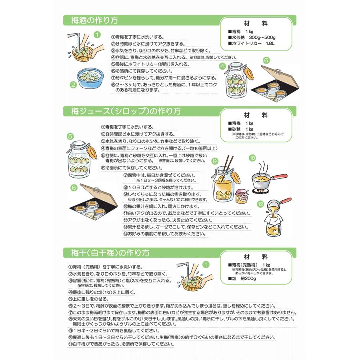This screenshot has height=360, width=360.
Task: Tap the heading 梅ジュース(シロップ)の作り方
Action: click(126, 112)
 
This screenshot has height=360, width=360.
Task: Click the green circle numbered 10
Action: click(252, 158)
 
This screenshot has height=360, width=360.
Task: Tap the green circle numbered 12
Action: click(260, 204)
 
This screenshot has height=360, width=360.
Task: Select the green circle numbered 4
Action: click(222, 66)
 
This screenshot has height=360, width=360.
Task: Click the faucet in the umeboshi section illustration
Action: click(185, 267)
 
